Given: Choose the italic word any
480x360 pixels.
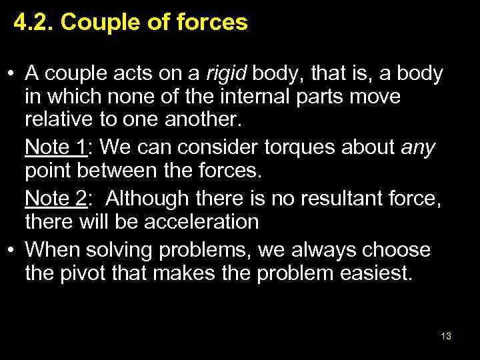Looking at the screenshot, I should point(417,147).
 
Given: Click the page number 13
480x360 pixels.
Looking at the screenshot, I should point(446,336).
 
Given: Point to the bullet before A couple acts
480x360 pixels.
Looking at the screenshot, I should point(12,73).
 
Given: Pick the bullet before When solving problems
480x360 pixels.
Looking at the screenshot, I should point(12,250).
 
